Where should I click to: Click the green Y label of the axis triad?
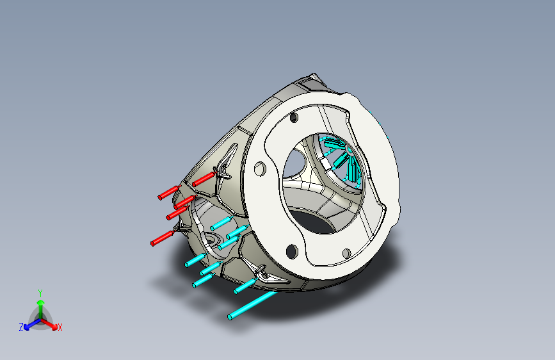point(40,293)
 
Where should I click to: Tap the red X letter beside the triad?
point(60,327)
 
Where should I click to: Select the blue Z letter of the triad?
point(21,327)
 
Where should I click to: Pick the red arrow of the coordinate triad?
point(49,323)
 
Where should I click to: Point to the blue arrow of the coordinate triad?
point(33,324)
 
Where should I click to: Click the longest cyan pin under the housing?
point(252,305)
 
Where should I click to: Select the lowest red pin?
point(163,238)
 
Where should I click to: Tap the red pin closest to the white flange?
point(204,179)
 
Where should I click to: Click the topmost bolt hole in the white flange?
point(294,118)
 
